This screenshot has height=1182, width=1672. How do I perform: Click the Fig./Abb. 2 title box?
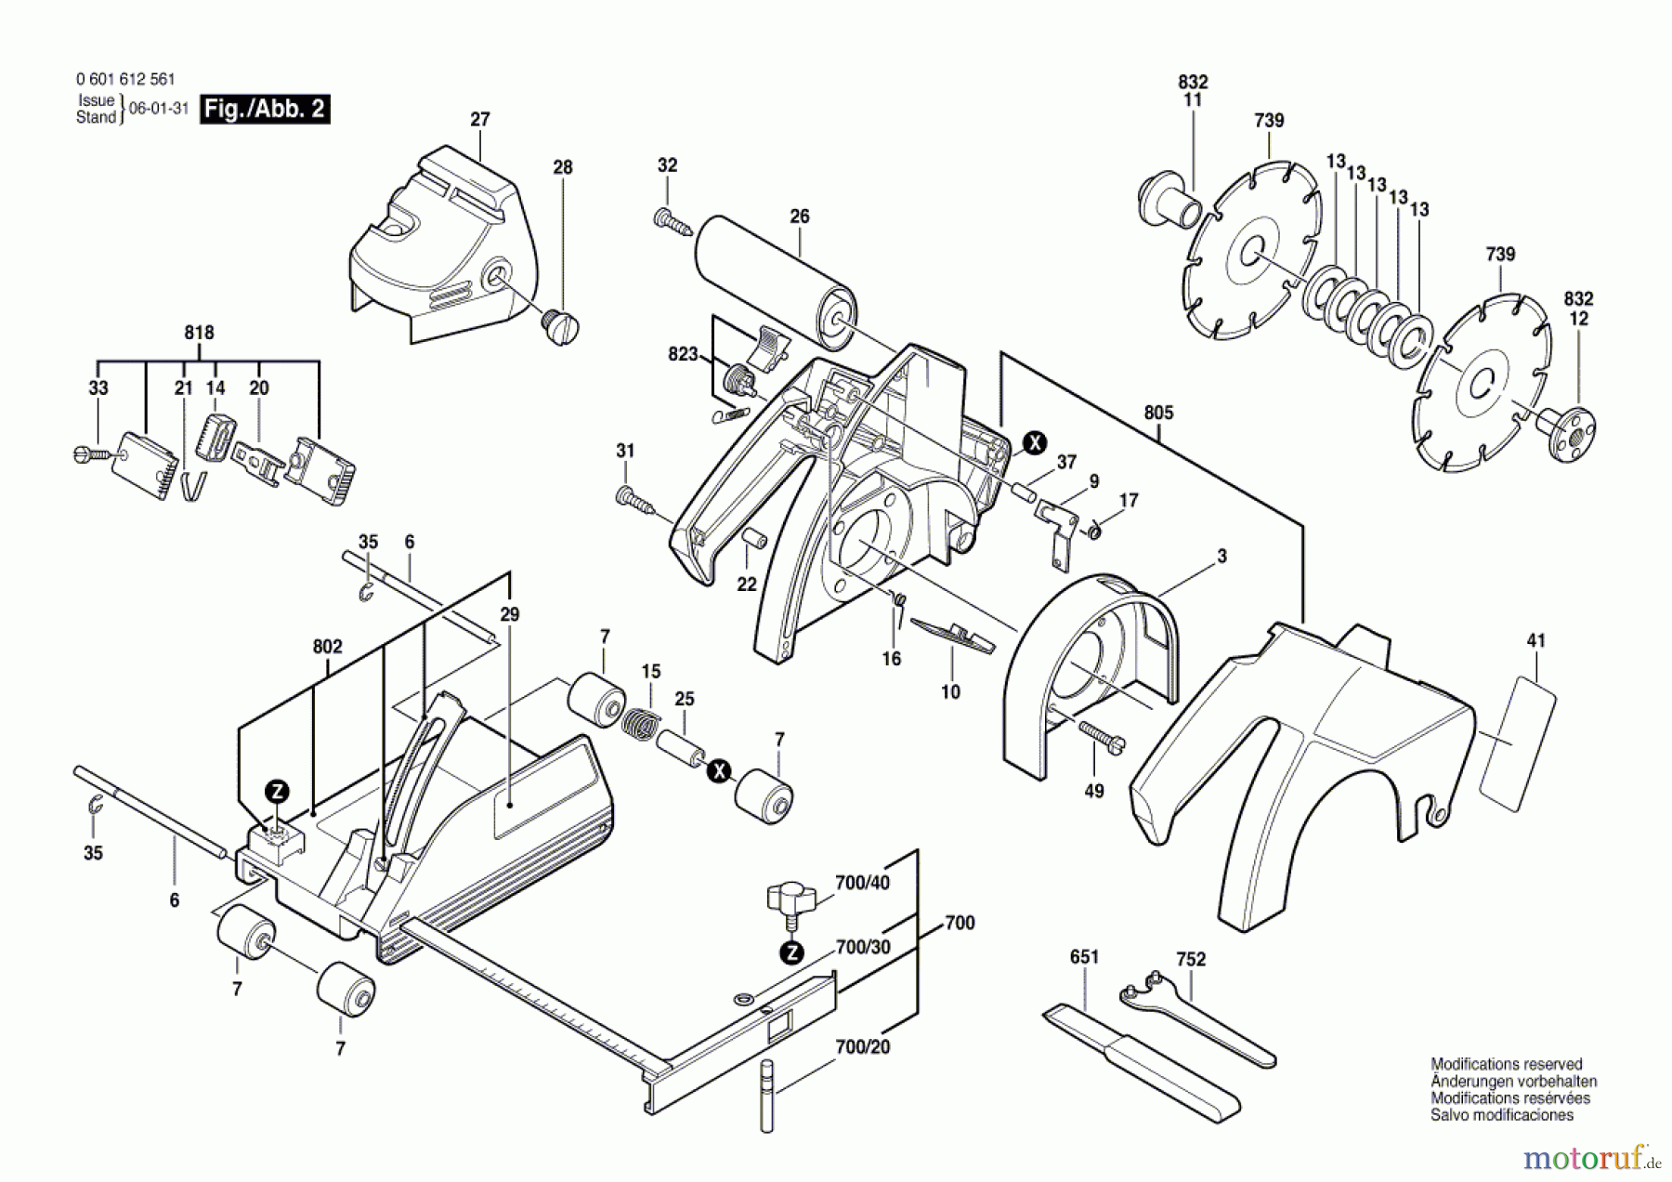click(x=265, y=110)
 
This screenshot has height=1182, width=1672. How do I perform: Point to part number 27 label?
click(x=479, y=119)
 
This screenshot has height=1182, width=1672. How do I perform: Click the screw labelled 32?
click(x=675, y=221)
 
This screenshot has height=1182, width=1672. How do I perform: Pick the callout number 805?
click(x=1158, y=413)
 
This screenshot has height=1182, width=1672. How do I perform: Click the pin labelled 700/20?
click(x=766, y=1096)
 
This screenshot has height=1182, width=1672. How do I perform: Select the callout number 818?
click(x=199, y=333)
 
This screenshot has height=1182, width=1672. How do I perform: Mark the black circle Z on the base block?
click(x=277, y=792)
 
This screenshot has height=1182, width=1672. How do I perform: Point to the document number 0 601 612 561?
click(x=125, y=80)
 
